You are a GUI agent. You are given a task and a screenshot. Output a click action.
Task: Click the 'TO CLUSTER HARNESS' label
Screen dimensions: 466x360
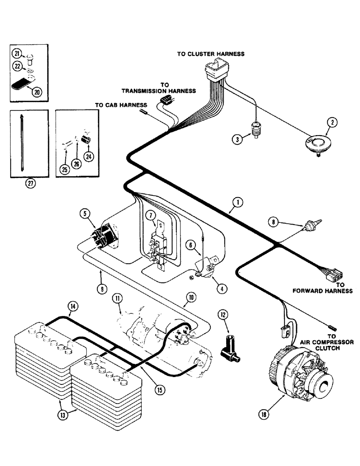tap(211, 54)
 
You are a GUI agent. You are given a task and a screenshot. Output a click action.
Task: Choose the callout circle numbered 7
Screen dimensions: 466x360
tap(151, 215)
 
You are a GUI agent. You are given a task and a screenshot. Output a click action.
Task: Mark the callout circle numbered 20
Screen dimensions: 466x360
tap(37, 91)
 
